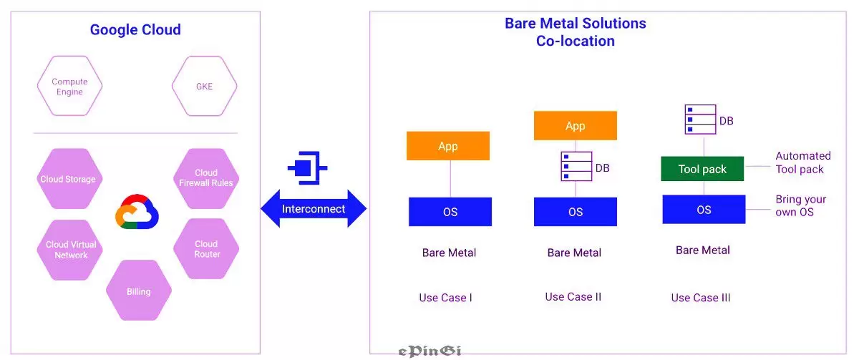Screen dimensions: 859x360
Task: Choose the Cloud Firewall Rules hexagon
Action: (206, 179)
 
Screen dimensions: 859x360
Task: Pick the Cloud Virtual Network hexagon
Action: (70, 250)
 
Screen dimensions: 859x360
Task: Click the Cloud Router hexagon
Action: (206, 248)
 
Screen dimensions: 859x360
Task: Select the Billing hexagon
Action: (139, 291)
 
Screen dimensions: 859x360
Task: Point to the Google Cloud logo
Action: (137, 212)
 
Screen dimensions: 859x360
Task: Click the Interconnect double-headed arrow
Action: (314, 208)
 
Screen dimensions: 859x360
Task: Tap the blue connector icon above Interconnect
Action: (307, 168)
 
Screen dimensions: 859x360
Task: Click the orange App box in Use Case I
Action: (448, 146)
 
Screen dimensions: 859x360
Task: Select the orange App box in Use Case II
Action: (576, 125)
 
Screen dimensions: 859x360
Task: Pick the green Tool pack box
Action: (702, 169)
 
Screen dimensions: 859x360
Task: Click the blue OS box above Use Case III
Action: (704, 209)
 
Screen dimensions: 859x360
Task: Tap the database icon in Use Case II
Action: (576, 166)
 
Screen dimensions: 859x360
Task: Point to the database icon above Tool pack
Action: (700, 120)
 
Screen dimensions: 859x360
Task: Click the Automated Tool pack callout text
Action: (803, 162)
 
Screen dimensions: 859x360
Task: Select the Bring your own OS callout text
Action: (801, 205)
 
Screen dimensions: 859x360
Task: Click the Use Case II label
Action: (573, 297)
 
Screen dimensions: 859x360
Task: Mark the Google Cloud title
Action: (135, 29)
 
